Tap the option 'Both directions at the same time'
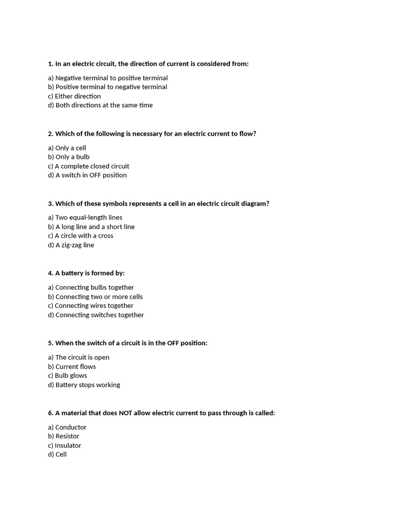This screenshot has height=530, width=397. coord(100,105)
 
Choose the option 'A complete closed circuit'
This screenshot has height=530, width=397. coord(88,166)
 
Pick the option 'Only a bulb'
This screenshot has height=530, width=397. coord(69,157)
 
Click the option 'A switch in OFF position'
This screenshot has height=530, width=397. coord(87,175)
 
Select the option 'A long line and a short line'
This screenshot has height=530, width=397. coord(91,227)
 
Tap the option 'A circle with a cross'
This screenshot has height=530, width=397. coord(81,235)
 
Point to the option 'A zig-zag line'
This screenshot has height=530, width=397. coord(71,245)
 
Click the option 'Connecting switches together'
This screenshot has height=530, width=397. coord(96,315)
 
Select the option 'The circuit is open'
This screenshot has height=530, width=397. coord(79,357)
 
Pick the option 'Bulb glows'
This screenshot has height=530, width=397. coord(67,375)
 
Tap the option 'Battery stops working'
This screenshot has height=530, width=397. coord(84,385)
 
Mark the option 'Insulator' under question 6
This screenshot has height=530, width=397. coord(65,445)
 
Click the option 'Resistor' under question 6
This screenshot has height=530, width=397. coord(64,436)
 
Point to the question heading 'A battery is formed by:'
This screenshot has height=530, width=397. coord(86,273)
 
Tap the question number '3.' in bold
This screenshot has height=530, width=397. coord(51,203)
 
